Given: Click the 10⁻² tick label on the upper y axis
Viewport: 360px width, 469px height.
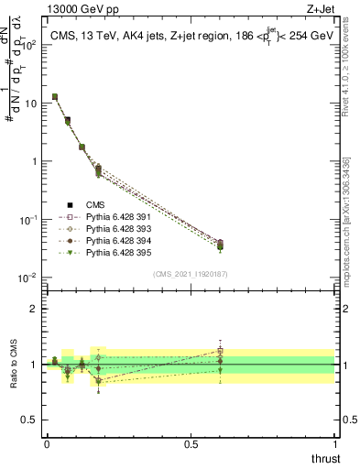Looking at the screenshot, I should (x=27, y=278).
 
